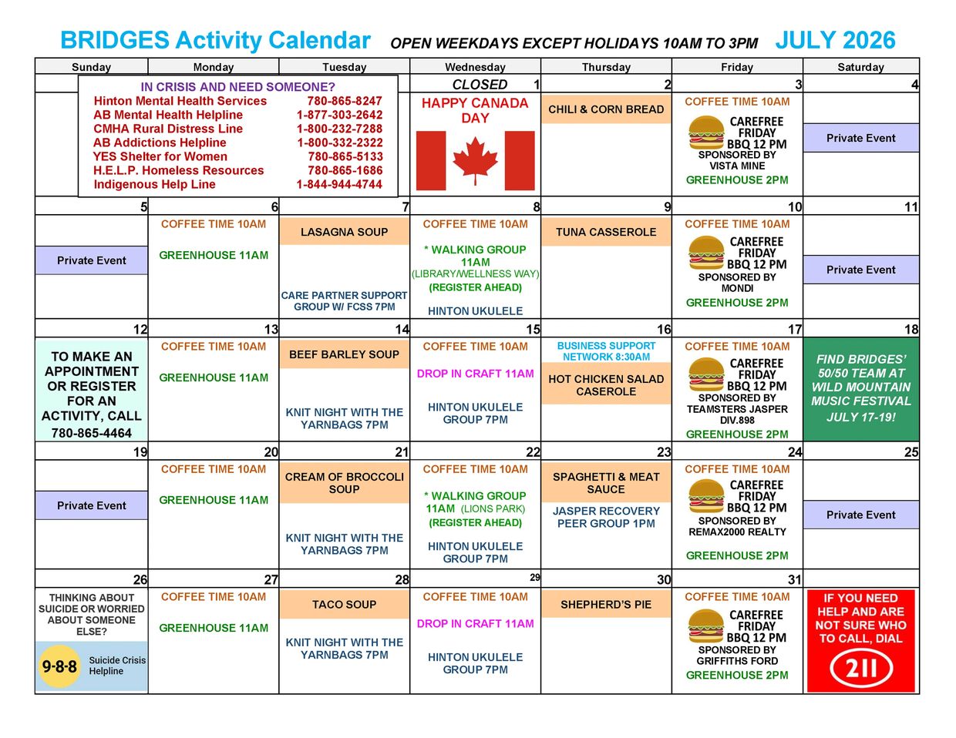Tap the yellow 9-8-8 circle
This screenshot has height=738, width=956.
coord(59,666)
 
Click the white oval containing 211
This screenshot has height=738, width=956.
coord(861,668)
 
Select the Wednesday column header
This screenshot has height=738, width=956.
coord(475,67)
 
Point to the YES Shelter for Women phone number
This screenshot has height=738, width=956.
coord(345,156)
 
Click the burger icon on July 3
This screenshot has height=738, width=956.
coord(706,133)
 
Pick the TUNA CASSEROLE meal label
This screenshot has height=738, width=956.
coord(606,232)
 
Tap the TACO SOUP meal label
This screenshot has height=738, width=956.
coord(344,605)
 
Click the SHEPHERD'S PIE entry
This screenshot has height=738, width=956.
coord(606,605)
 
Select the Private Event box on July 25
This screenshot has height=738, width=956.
coord(860,515)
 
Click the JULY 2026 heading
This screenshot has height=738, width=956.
coord(835,40)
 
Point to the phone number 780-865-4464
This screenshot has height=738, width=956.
coord(92,433)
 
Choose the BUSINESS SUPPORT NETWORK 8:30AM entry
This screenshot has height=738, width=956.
coord(606,351)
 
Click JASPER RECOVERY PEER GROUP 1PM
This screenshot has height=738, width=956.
coord(606,517)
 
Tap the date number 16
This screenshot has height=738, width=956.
coord(664,329)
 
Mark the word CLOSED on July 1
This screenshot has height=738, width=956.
coord(480,85)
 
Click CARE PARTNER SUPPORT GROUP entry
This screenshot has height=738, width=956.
coord(344,301)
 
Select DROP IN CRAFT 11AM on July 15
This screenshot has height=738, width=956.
coord(475,374)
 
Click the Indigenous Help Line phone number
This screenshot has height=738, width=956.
coord(339,184)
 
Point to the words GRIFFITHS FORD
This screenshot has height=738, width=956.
coord(737,661)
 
